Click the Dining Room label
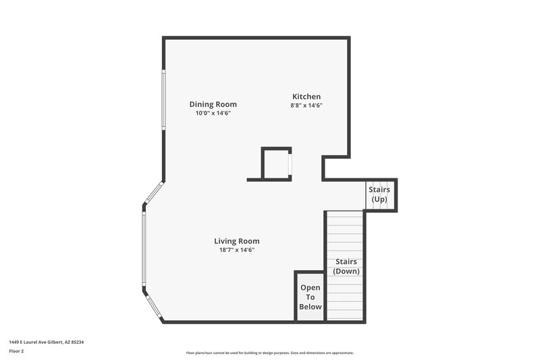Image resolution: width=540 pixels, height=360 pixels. pyautogui.click(x=213, y=104)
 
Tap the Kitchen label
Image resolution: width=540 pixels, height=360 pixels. pyautogui.click(x=306, y=97)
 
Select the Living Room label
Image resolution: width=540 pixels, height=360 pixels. pyautogui.click(x=236, y=241)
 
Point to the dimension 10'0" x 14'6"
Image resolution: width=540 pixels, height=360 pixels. pyautogui.click(x=213, y=113)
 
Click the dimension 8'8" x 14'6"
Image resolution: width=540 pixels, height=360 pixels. pyautogui.click(x=306, y=105)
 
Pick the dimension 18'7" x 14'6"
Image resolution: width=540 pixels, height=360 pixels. pyautogui.click(x=236, y=250)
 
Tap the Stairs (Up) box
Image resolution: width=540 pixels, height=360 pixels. pyautogui.click(x=379, y=195)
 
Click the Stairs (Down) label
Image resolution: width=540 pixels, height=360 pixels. pyautogui.click(x=346, y=266)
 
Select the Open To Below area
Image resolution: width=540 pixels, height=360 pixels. pyautogui.click(x=310, y=297)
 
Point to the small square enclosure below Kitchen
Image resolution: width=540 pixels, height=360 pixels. pyautogui.click(x=275, y=163)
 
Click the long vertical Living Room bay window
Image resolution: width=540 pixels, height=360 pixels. pyautogui.click(x=143, y=249)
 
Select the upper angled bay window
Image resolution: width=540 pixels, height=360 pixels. pyautogui.click(x=153, y=192)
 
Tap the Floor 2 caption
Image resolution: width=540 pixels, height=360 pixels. pyautogui.click(x=16, y=351)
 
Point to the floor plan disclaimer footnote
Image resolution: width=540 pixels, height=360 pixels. pyautogui.click(x=269, y=353)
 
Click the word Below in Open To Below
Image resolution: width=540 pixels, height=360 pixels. pyautogui.click(x=310, y=307)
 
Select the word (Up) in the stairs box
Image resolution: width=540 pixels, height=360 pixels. pyautogui.click(x=379, y=199)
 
